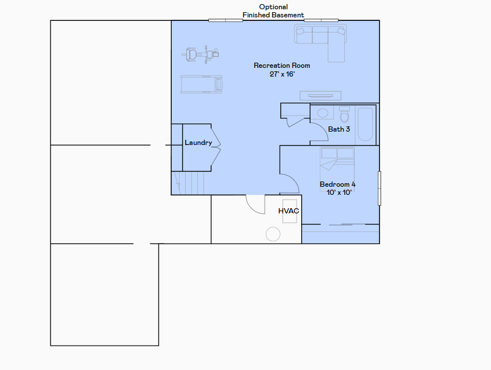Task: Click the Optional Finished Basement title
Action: [x=273, y=11]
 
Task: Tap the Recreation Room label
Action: [x=282, y=66]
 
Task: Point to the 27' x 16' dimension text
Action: [x=282, y=74]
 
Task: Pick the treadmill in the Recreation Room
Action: [x=201, y=84]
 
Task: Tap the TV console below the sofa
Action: [x=320, y=96]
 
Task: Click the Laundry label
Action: [x=198, y=143]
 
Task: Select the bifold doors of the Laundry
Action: [x=215, y=148]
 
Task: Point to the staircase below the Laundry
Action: [x=189, y=183]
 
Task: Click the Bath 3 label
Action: [x=339, y=129]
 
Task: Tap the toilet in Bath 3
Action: [x=344, y=114]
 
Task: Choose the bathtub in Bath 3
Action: [x=365, y=124]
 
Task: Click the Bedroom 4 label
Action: [x=337, y=184]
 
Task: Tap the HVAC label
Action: [x=288, y=211]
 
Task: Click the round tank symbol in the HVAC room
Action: [x=273, y=234]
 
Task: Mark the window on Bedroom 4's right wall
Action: [x=380, y=188]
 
